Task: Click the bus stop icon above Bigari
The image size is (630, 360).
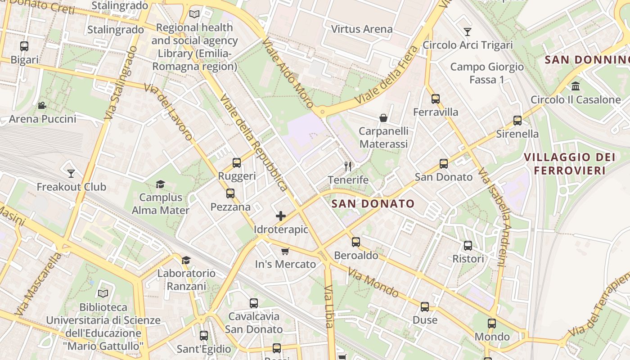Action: point(24,46)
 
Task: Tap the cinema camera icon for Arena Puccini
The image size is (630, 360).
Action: point(42,106)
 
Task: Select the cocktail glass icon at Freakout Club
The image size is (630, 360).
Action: point(71,173)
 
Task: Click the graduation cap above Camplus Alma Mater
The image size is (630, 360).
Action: point(160,184)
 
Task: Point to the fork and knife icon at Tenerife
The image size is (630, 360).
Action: point(348,166)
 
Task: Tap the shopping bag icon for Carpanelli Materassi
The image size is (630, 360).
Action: point(383,118)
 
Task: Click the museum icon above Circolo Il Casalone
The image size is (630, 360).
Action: point(575,86)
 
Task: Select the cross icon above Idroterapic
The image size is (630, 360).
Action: point(281,216)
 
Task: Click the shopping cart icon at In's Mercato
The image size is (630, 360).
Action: point(285,251)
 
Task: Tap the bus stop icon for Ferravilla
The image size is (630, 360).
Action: point(435,99)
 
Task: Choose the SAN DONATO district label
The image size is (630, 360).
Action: point(373,204)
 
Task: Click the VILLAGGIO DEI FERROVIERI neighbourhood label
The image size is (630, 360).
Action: point(570,164)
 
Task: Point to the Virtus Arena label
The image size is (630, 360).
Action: point(362,29)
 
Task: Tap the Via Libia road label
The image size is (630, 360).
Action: point(329,306)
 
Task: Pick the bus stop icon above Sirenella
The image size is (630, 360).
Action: point(517,121)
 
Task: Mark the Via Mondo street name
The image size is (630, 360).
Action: point(373,283)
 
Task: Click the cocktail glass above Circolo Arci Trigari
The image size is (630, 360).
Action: point(468,32)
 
